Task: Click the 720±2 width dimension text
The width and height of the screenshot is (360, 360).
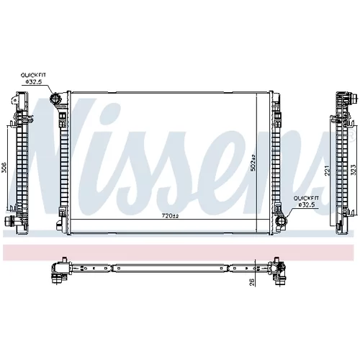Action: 170,216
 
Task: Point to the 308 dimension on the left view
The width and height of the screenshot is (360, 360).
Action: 4,167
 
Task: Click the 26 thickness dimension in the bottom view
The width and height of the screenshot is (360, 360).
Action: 252,282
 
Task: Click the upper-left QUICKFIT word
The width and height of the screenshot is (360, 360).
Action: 33,75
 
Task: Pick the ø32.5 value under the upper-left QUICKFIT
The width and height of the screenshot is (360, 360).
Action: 34,81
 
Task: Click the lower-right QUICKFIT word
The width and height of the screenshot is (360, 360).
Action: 307,198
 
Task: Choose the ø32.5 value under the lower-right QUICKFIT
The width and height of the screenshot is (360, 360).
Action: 307,204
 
